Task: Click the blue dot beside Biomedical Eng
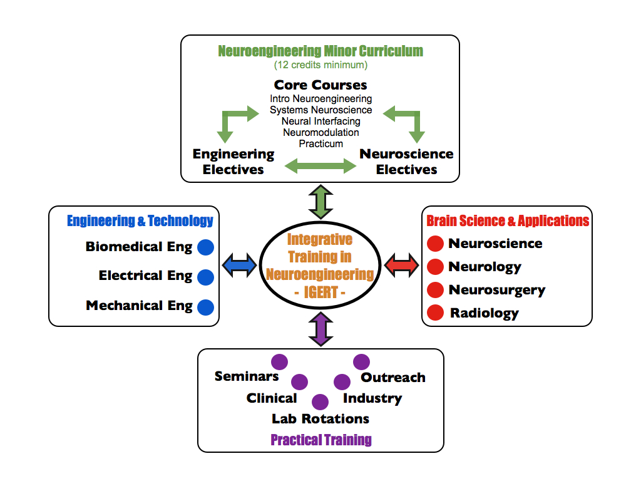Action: (205, 247)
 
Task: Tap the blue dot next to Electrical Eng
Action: (205, 277)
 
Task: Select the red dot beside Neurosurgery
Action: (436, 290)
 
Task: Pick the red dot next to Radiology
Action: (436, 313)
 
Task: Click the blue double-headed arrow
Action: (240, 265)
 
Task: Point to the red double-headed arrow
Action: (402, 265)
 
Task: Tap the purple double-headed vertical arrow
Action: (321, 329)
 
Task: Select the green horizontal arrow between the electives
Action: (320, 166)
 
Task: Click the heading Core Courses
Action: (320, 85)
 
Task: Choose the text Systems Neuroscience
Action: (321, 110)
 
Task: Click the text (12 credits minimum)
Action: (321, 65)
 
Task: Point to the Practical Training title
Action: (321, 440)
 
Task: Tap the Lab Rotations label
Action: (320, 419)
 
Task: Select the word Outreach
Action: (393, 378)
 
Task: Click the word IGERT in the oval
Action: (321, 292)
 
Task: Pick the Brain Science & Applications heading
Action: (508, 221)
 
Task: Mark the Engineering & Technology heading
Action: (140, 221)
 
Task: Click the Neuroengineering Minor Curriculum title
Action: (320, 51)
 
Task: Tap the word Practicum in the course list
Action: (321, 144)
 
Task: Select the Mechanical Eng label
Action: (139, 306)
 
